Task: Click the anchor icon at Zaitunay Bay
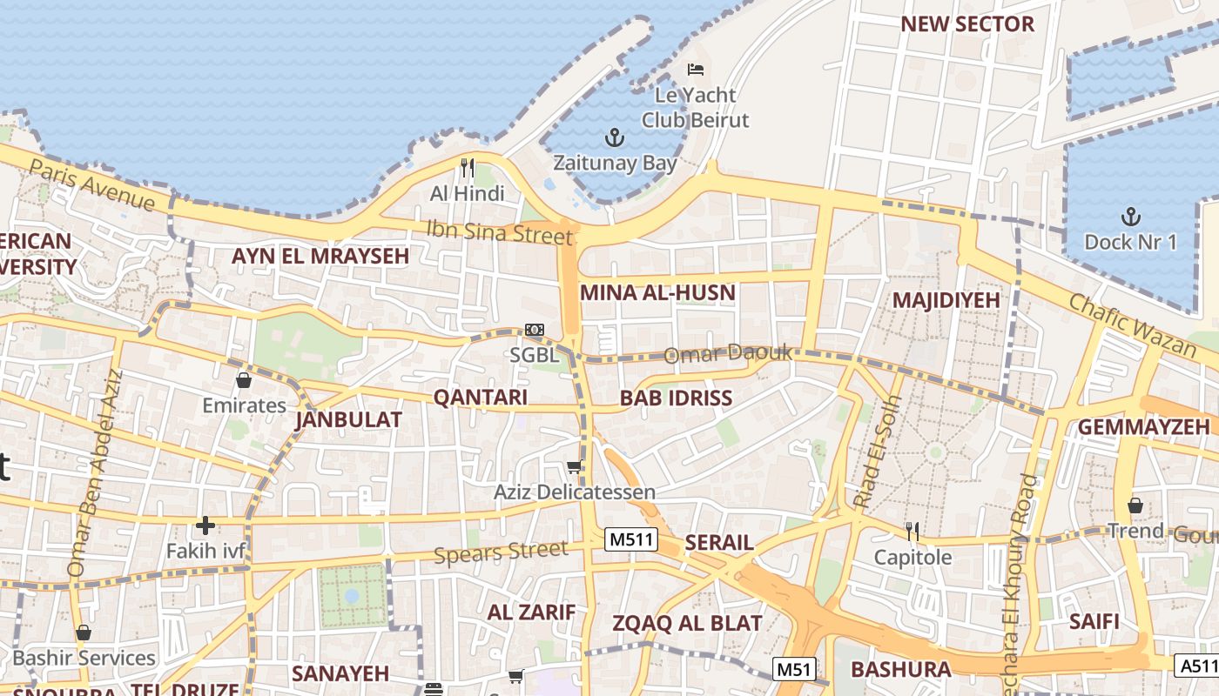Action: pos(615,137)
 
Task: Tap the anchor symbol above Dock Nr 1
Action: pos(1130,216)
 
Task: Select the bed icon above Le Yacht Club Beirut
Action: pos(695,70)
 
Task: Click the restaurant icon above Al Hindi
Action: pos(468,167)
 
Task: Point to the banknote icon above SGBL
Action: pos(535,330)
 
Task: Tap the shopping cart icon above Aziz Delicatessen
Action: pos(574,467)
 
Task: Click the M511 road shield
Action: pos(630,539)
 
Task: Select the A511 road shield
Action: pos(1198,666)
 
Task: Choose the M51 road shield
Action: pos(794,669)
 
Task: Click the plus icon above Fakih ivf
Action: pos(205,525)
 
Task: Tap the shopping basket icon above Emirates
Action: pos(244,380)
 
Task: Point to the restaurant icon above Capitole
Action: pos(913,531)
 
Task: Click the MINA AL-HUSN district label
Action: pos(657,292)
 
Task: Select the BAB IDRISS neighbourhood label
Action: pos(676,398)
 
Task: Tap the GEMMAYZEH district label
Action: pos(1143,427)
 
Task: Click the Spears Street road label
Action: pos(501,552)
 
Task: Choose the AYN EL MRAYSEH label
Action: pos(320,256)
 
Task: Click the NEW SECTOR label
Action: pos(967,24)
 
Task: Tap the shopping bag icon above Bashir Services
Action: pos(84,632)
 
